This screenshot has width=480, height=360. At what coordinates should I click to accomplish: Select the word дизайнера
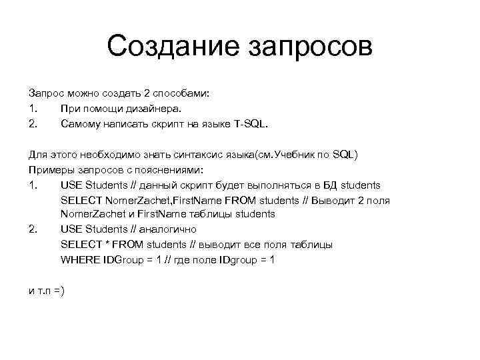pyautogui.click(x=153, y=108)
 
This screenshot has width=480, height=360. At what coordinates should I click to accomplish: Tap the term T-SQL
pyautogui.click(x=248, y=123)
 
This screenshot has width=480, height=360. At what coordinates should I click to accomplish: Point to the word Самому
pyautogui.click(x=81, y=123)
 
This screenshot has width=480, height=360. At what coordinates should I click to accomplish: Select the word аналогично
pyautogui.click(x=169, y=229)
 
